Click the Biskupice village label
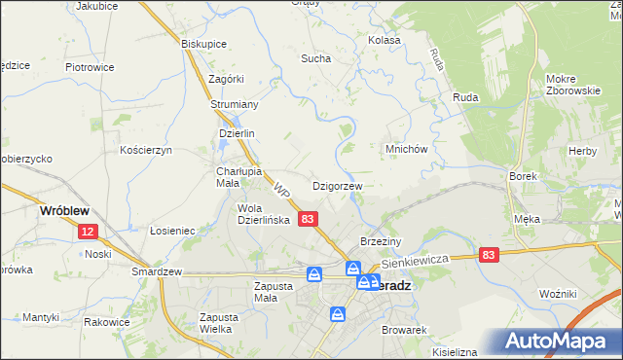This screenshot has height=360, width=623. [x=204, y=44]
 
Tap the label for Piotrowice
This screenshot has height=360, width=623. [x=90, y=67]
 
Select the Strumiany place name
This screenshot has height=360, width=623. [x=234, y=104]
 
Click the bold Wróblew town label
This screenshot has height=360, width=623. [x=64, y=209]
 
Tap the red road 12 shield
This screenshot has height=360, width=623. [x=88, y=232]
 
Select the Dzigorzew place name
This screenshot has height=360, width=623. [x=337, y=185]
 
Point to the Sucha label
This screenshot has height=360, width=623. [x=315, y=58]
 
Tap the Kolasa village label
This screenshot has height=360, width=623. [x=385, y=40]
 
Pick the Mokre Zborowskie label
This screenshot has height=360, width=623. [x=572, y=85]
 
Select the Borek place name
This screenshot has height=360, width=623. [x=524, y=176]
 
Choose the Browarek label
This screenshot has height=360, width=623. [x=406, y=331]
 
